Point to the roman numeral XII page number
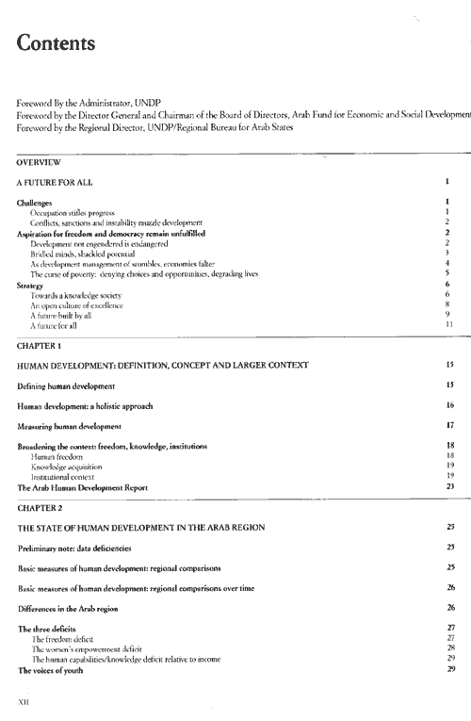pos(24,700)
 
